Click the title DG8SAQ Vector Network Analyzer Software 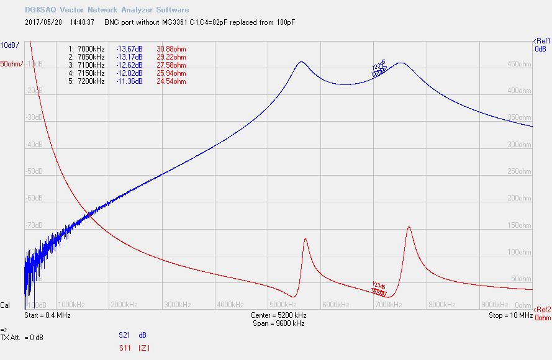point(107,10)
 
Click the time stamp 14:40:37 point(83,22)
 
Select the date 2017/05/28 point(45,22)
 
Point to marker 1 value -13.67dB point(129,49)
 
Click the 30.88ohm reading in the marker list point(171,49)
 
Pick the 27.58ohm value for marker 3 point(171,65)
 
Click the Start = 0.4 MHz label point(47,315)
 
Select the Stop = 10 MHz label point(510,315)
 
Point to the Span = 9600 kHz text point(279,323)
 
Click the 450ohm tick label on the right point(520,64)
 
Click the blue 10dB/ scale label point(9,45)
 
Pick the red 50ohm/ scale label point(12,64)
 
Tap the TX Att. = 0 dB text point(22,338)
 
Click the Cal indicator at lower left point(5,305)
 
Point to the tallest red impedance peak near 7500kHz point(409,227)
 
